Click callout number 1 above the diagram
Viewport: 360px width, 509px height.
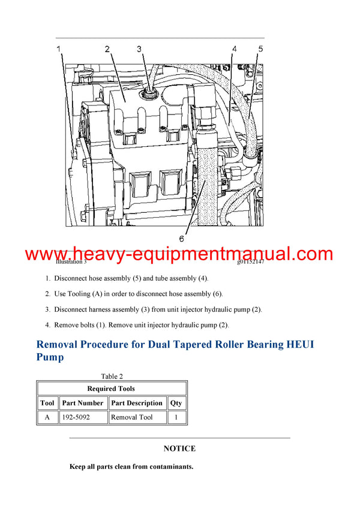(59, 48)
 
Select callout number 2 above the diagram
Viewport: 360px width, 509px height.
(107, 49)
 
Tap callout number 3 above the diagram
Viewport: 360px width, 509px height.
(139, 49)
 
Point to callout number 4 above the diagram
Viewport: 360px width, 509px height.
(234, 49)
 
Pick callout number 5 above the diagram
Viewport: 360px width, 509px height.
(260, 49)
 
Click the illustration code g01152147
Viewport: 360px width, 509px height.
(250, 262)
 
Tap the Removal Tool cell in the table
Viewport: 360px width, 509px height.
(132, 417)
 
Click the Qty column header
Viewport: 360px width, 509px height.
(176, 403)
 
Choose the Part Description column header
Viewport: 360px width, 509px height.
(137, 403)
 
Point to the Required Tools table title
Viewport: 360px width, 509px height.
(111, 388)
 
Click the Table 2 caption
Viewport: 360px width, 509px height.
(112, 377)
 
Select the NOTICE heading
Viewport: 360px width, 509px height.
(179, 448)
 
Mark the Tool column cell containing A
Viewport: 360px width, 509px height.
(47, 417)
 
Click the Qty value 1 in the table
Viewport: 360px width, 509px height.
(176, 417)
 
